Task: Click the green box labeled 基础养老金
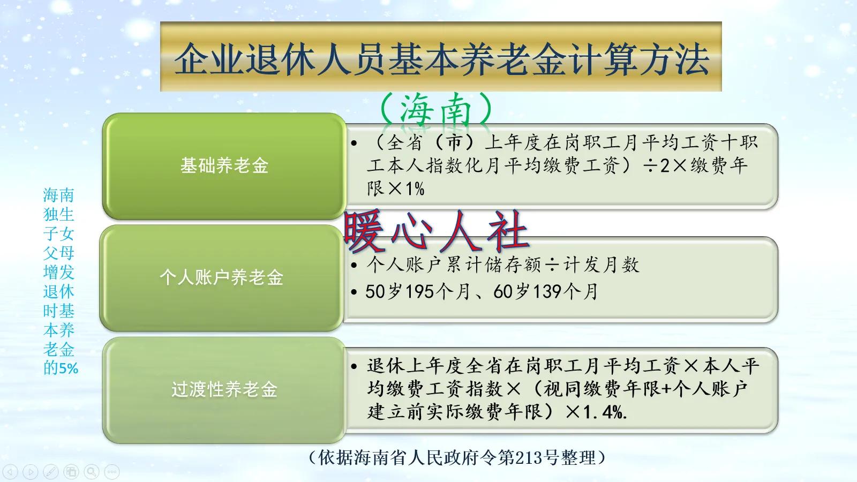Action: click(x=224, y=165)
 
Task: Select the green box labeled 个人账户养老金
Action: click(x=221, y=277)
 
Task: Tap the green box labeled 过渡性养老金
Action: click(x=224, y=389)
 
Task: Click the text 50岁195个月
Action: click(x=418, y=291)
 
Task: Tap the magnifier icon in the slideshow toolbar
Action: click(x=92, y=472)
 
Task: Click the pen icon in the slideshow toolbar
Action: click(x=51, y=472)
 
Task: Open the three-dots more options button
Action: click(x=112, y=472)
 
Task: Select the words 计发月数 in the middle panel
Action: click(x=601, y=265)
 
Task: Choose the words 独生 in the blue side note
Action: click(x=58, y=214)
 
